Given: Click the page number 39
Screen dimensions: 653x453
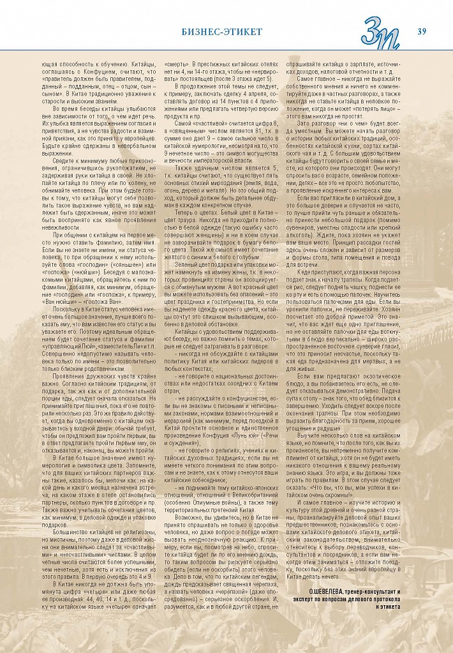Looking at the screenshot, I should click(x=422, y=31).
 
